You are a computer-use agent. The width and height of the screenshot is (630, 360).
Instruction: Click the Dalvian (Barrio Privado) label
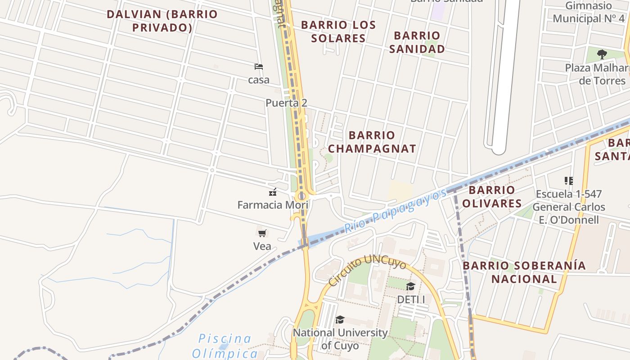(162, 21)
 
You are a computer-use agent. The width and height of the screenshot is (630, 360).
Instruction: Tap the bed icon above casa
(259, 67)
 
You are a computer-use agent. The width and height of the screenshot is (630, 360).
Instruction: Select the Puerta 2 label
(286, 103)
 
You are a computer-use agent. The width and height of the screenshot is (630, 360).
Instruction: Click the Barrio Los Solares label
(338, 31)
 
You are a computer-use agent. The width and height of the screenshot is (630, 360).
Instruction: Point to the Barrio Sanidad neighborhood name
(417, 42)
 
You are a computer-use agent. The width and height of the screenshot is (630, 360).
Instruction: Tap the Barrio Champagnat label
(372, 142)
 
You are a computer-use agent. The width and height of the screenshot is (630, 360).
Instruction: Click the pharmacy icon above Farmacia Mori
(272, 192)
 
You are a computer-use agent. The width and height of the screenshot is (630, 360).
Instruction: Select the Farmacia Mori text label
(273, 205)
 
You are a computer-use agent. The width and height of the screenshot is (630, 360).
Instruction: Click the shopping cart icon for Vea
(262, 233)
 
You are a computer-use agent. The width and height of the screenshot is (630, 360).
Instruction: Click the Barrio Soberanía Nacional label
(524, 272)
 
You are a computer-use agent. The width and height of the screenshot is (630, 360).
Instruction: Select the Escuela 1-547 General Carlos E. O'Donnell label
(569, 207)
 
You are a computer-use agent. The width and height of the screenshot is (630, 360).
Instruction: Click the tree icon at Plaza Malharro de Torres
(602, 54)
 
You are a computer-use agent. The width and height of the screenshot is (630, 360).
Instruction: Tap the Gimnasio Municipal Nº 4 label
(589, 12)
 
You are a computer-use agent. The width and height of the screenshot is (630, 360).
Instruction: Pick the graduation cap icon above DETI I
(410, 287)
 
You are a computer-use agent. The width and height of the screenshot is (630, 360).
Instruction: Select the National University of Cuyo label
(340, 339)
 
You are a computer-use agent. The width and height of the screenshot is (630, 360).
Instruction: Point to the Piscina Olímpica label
(225, 345)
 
